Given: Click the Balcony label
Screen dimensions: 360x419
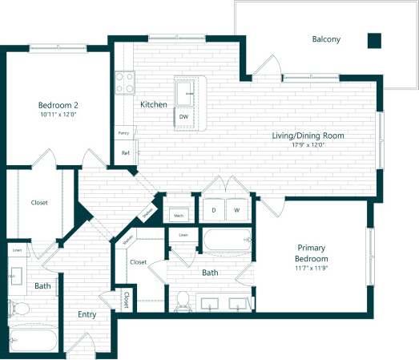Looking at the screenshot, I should (326, 38).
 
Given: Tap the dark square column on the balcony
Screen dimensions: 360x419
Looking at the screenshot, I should (374, 39).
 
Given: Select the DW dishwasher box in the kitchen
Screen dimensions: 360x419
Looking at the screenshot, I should (183, 117).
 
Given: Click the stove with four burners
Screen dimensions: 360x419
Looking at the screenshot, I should (124, 82).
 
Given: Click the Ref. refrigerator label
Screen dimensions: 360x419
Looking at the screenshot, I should (126, 152).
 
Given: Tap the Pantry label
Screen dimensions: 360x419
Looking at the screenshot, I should (123, 133).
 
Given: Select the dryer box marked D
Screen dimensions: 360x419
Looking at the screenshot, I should (214, 210).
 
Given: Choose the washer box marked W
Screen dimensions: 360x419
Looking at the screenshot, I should (236, 210).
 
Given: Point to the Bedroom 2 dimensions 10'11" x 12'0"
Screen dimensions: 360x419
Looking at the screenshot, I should (58, 115).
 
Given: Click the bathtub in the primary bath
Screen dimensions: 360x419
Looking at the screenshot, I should (226, 239).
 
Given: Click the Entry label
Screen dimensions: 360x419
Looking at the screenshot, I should (87, 315).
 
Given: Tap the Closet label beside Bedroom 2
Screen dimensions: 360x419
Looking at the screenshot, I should (39, 203).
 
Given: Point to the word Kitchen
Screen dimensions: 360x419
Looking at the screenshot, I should (153, 105).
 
